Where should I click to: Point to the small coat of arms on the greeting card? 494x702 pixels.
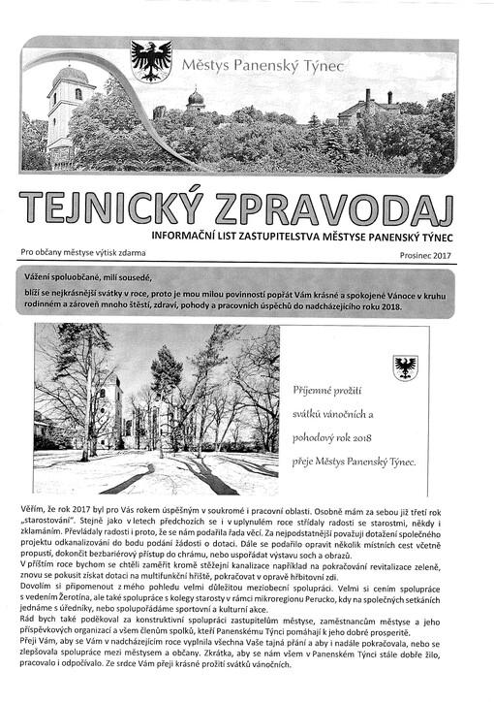point(405,367)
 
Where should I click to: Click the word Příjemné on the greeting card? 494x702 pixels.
point(314,391)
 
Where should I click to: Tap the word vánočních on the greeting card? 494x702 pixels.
point(363,414)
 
